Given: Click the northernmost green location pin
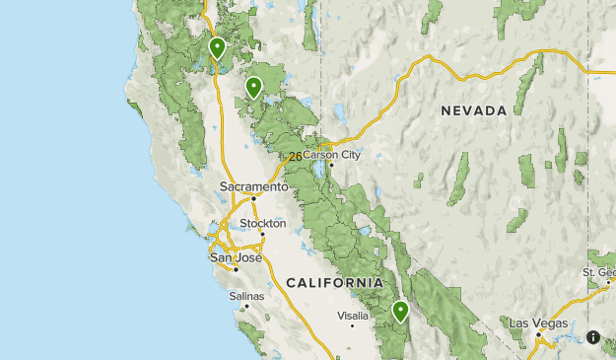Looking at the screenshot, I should coord(217,46).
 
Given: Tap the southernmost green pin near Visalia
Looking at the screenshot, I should coord(401,311).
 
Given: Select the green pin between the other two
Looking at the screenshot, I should coord(254,87).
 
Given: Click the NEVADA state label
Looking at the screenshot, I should coord(474,110).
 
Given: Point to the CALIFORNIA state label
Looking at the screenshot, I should coord(334,283).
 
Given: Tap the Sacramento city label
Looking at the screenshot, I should coord(253,185).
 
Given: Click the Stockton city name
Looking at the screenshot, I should coord(262,224).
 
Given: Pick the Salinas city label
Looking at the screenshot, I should coord(246,295).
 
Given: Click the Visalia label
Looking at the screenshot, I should coord(353,316).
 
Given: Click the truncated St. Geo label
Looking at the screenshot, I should coord(599,272).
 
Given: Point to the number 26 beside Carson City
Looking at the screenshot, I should coord(295,157).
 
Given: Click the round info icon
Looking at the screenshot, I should coord(593,336).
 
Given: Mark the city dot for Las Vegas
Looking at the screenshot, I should coord(538,333).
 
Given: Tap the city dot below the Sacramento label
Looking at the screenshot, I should coord(253,197).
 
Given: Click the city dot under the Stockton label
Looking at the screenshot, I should coord(262,234).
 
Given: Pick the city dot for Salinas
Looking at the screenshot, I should coord(246,305).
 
